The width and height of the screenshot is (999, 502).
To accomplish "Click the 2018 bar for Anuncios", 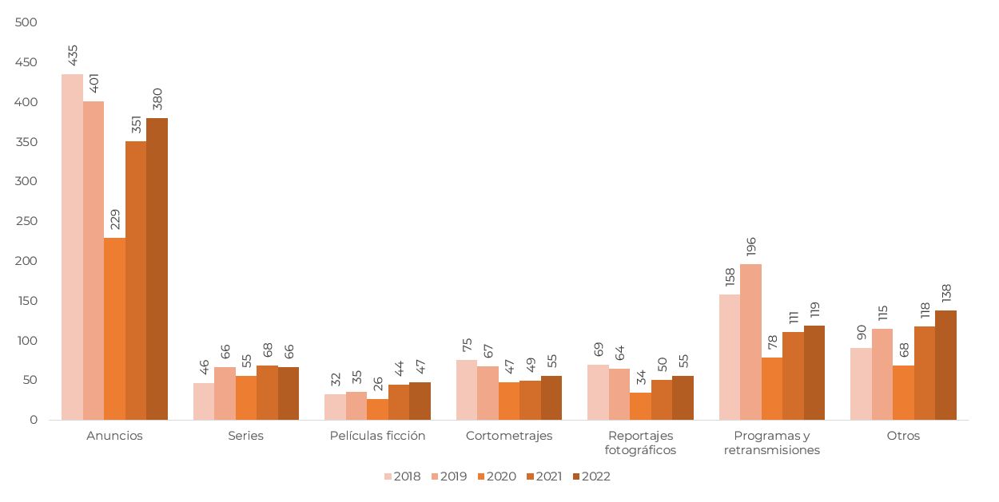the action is [x=72, y=247].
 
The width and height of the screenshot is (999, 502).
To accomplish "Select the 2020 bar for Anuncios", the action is [x=114, y=329].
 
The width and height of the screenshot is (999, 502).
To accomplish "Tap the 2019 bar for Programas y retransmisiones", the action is [x=751, y=342].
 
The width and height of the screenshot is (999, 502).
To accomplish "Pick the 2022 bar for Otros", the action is [x=946, y=366].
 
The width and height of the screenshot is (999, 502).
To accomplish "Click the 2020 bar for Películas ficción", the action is [x=378, y=409].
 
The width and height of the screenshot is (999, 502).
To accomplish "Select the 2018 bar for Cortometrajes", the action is [x=467, y=389].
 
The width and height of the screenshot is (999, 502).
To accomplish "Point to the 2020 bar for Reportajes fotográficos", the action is [x=640, y=406].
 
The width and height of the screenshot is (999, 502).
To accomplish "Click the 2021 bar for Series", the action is [x=267, y=393].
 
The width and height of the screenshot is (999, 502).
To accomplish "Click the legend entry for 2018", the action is [x=403, y=476].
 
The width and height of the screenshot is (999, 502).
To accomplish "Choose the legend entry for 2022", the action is [x=591, y=476].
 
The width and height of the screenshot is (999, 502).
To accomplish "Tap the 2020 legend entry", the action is [x=497, y=476].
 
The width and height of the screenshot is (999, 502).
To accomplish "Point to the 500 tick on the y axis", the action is [x=26, y=22].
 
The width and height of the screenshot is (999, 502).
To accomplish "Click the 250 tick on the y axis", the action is [x=26, y=221].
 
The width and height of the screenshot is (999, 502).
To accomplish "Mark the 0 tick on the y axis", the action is [x=34, y=420].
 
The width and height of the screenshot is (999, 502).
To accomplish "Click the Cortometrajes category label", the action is [x=509, y=436].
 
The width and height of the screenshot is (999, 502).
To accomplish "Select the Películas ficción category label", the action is [x=377, y=436].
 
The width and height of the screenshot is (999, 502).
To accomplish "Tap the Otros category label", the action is [x=903, y=436].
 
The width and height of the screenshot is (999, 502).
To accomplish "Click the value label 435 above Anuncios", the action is [x=72, y=55].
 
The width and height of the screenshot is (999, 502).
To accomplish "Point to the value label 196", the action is [x=751, y=247].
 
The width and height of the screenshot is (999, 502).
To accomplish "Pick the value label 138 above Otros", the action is [x=946, y=293].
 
